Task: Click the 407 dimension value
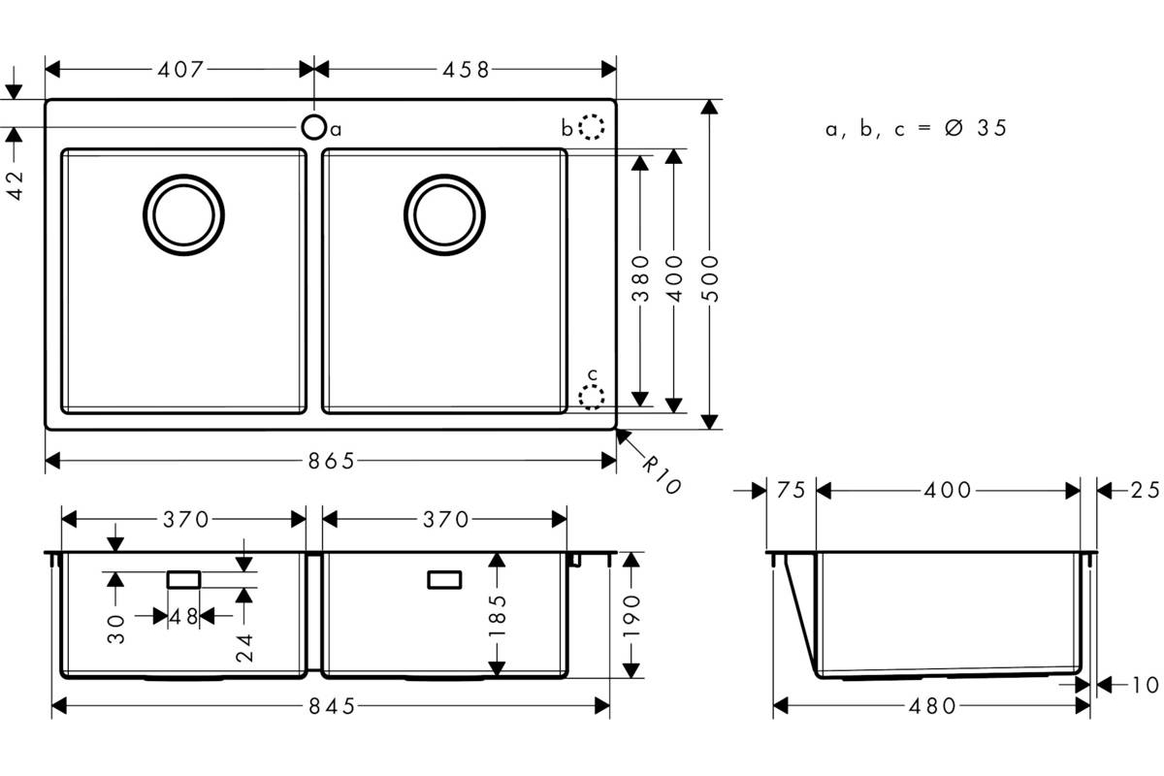click(180, 69)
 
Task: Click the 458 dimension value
click(467, 69)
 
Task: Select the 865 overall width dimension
click(331, 461)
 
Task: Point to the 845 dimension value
click(332, 706)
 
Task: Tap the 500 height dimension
click(710, 278)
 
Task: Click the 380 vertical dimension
click(640, 278)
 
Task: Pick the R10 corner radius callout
click(662, 475)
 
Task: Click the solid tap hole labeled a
click(314, 127)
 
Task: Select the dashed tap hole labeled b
click(592, 127)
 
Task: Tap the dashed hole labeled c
click(592, 397)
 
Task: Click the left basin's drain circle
click(183, 214)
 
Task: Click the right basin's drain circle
click(444, 214)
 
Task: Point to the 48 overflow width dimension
click(184, 616)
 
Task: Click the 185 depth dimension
click(498, 616)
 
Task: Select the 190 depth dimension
click(630, 616)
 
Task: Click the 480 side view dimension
click(932, 706)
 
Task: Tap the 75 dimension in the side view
click(791, 490)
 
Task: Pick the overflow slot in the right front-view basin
click(444, 579)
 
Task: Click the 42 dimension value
click(16, 185)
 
